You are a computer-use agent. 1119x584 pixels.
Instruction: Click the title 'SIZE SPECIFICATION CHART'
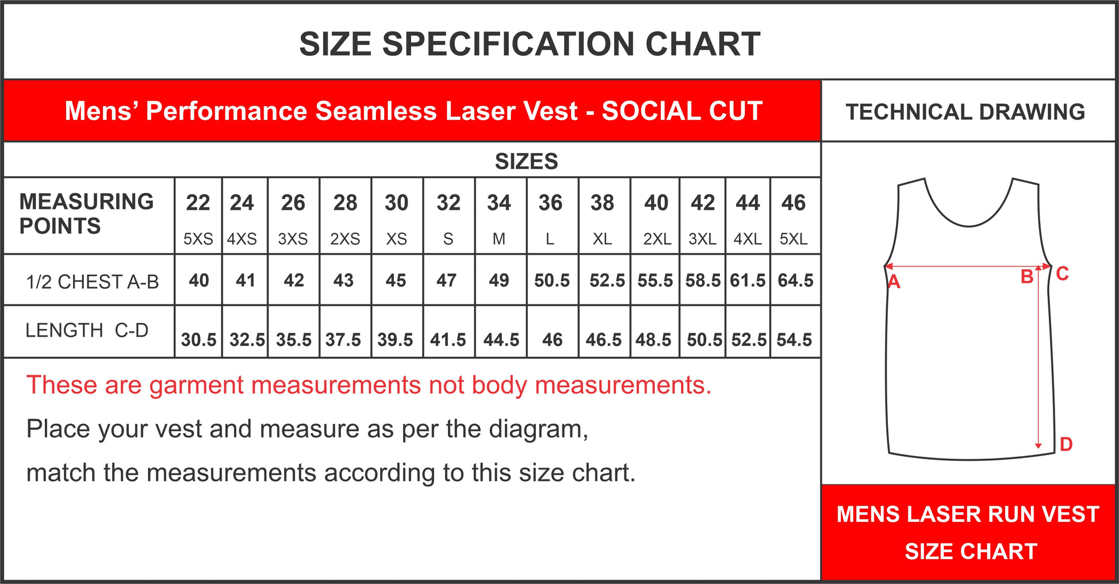(530, 44)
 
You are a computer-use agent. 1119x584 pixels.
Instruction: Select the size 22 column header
(198, 203)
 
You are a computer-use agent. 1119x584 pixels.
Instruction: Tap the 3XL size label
(702, 239)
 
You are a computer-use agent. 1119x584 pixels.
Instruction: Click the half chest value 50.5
(552, 280)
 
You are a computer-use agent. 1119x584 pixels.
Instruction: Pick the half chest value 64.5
(795, 280)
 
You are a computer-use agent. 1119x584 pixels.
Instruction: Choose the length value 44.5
(501, 339)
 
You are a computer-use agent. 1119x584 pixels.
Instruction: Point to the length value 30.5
(198, 339)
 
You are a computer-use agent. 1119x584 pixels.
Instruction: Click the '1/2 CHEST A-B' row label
(92, 282)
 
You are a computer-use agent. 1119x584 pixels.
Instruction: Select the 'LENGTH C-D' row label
(87, 330)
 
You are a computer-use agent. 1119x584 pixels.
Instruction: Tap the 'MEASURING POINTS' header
(86, 213)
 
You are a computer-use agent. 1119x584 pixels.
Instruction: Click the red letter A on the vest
(894, 282)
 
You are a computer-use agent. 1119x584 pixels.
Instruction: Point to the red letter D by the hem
(1066, 444)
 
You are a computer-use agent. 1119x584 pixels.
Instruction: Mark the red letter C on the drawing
(1062, 273)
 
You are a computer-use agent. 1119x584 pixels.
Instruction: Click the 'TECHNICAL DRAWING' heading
(965, 112)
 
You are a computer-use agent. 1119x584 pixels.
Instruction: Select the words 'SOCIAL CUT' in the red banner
(682, 111)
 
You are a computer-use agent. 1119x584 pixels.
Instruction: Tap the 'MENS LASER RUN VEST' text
(968, 514)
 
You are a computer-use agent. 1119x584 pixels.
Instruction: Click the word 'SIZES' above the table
(526, 161)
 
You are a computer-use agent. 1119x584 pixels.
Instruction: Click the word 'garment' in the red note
(197, 386)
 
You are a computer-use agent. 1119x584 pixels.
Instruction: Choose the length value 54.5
(794, 339)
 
